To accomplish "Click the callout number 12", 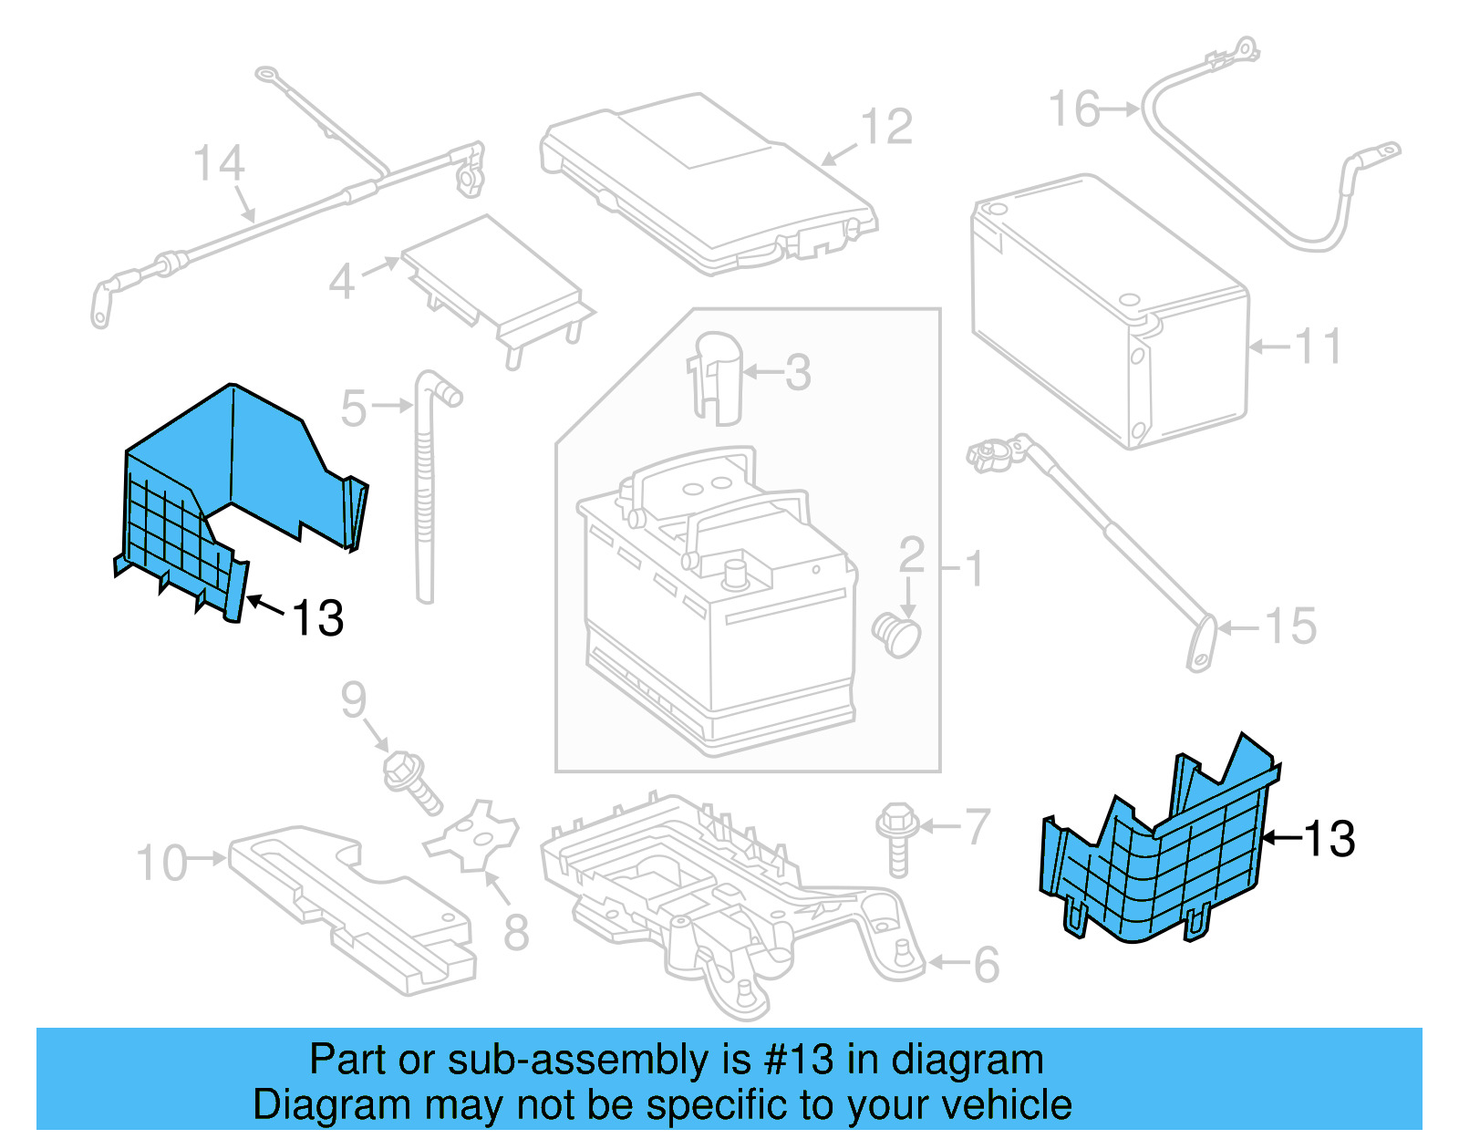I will (x=886, y=127).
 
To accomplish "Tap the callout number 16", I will (x=1073, y=109).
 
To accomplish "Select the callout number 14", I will (x=219, y=163).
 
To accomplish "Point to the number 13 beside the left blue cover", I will (x=317, y=618).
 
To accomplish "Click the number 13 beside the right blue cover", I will (x=1329, y=839).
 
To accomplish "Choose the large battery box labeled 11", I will (x=1108, y=310).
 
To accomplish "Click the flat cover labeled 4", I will (x=492, y=278).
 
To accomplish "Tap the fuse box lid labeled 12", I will (x=707, y=182).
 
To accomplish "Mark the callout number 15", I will (x=1290, y=626).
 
